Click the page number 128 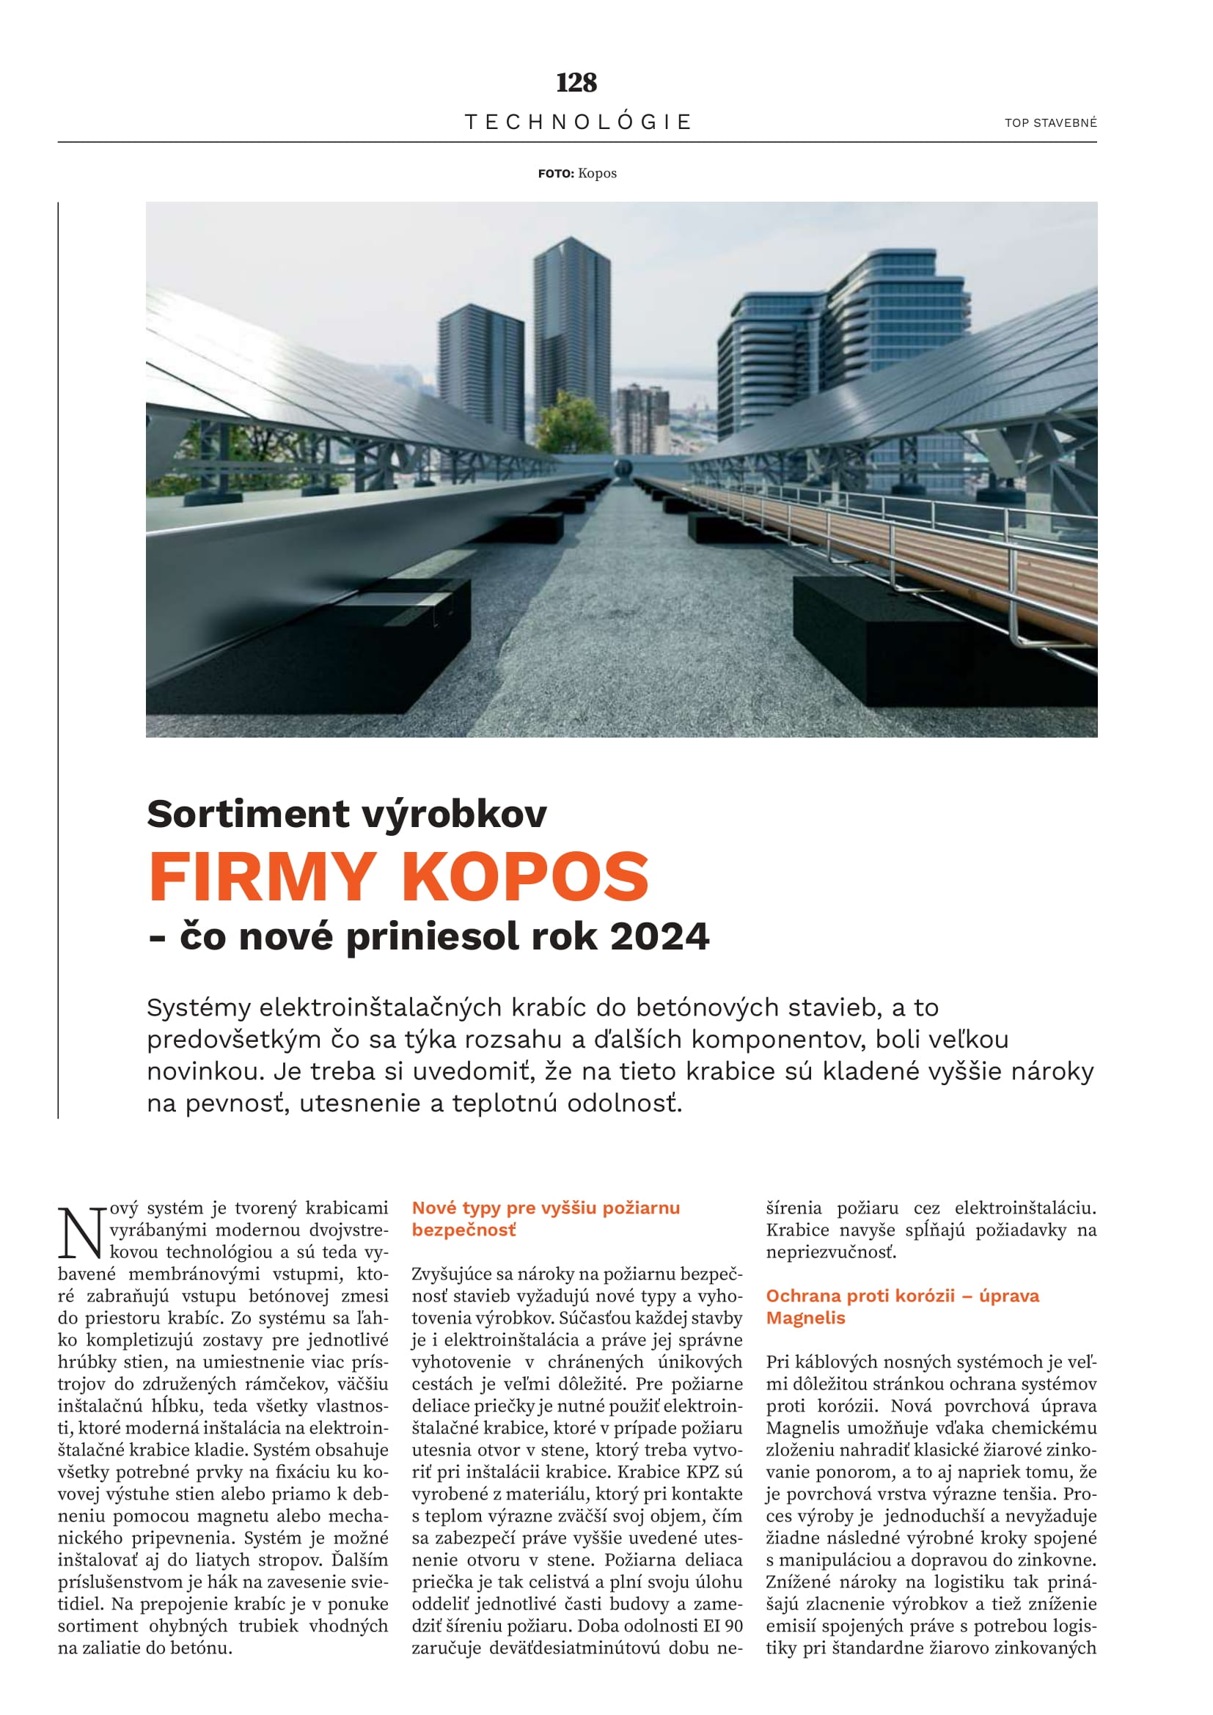576,82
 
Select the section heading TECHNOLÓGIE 578,122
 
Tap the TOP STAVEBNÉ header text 1050,122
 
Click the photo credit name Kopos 597,173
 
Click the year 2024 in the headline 659,936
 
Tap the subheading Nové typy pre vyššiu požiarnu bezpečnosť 545,1219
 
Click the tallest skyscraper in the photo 571,336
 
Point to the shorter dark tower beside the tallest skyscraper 480,373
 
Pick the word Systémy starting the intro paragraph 198,1007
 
